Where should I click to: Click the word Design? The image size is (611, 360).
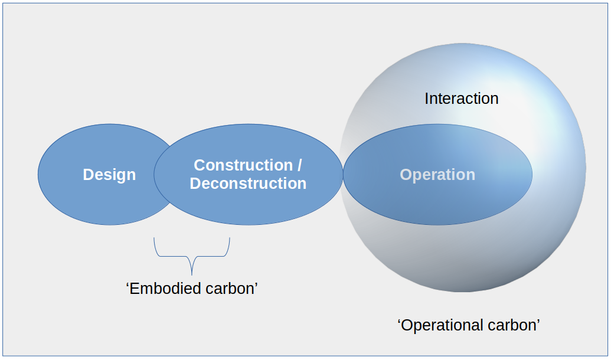click(x=109, y=175)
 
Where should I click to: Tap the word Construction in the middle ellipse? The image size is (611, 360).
click(x=243, y=165)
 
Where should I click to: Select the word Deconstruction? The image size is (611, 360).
click(x=248, y=184)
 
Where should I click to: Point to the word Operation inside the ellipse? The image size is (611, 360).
click(x=437, y=175)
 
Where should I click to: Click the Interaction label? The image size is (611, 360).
click(x=462, y=99)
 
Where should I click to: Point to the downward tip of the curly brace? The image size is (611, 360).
click(x=192, y=274)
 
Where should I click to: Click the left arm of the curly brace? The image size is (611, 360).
click(x=156, y=247)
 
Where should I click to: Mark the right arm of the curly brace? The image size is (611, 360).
click(x=227, y=247)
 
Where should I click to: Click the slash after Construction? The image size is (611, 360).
click(x=299, y=165)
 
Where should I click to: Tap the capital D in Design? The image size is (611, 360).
click(x=89, y=175)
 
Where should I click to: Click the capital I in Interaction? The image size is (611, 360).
click(x=427, y=99)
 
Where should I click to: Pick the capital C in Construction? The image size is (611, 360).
click(x=200, y=165)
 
